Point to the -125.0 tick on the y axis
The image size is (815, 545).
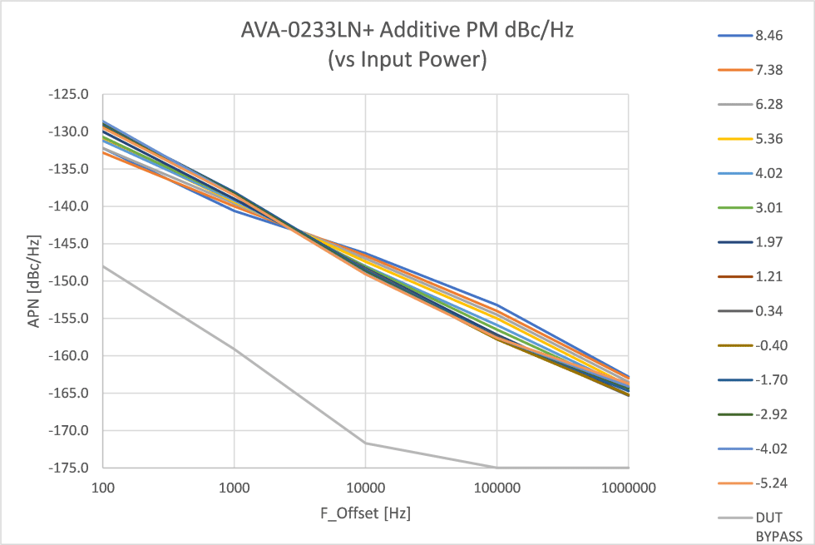[x=72, y=94]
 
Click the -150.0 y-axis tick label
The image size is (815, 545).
[x=72, y=281]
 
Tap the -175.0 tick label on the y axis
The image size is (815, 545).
[x=72, y=468]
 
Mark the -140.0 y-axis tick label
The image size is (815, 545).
[x=72, y=206]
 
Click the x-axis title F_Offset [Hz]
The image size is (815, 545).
[x=366, y=513]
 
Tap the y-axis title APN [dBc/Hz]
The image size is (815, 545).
[x=34, y=280]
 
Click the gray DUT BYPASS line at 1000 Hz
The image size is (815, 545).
[x=235, y=349]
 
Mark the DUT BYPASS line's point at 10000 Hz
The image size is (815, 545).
[x=365, y=443]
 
